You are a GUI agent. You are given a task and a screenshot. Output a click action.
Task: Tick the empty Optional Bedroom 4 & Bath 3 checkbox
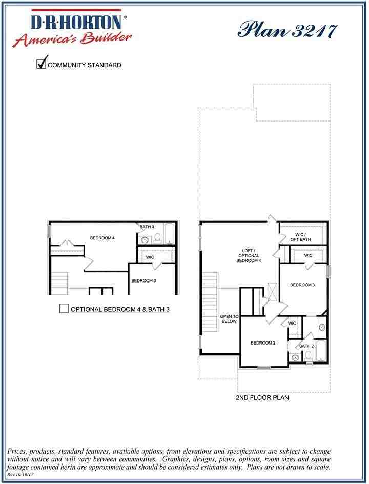[64, 309]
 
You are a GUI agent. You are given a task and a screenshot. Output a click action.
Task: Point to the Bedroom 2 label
[263, 344]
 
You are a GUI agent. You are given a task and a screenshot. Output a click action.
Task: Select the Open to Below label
[229, 319]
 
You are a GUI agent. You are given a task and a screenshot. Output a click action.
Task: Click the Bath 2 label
[306, 346]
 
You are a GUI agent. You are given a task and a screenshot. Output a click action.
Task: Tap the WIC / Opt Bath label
[297, 237]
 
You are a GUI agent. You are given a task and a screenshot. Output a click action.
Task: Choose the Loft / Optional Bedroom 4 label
[248, 256]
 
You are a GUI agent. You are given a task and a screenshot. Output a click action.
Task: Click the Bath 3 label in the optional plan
[147, 227]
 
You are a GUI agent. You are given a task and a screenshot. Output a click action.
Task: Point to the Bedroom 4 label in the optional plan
[102, 238]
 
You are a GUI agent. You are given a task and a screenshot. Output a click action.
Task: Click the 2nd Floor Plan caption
[262, 397]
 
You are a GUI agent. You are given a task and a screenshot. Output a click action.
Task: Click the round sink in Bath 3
[145, 239]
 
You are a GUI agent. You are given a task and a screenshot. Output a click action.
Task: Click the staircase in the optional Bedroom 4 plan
[60, 283]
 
